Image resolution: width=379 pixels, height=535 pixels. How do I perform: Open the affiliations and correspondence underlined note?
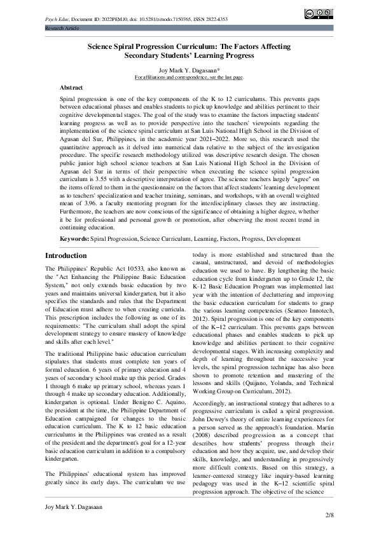[x=189, y=77]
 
